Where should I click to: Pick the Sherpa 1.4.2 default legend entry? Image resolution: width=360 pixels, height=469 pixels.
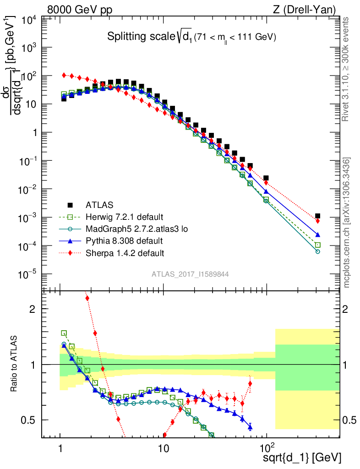pyautogui.click(x=120, y=252)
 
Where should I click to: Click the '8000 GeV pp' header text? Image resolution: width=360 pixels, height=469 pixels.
pyautogui.click(x=80, y=9)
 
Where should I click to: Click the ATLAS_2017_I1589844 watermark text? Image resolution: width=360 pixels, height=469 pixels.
pyautogui.click(x=191, y=274)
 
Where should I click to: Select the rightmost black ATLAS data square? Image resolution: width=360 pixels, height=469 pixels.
pyautogui.click(x=318, y=216)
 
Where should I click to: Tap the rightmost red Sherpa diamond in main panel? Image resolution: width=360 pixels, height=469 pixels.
pyautogui.click(x=318, y=221)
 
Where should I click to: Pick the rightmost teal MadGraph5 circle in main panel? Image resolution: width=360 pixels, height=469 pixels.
pyautogui.click(x=318, y=251)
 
